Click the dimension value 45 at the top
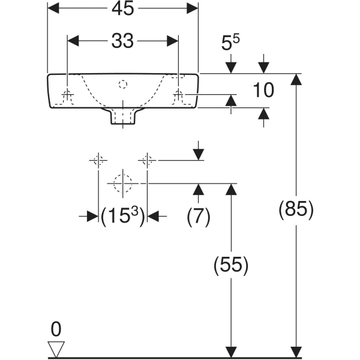[x=122, y=8]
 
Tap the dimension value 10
[x=263, y=90]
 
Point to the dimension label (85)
[x=296, y=209]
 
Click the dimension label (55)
[x=230, y=264]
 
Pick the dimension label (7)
[x=199, y=217]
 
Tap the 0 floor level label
[x=56, y=329]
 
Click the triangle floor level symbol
[x=56, y=349]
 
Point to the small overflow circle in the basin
[x=123, y=84]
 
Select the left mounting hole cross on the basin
[x=68, y=94]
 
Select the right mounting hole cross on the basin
[x=178, y=94]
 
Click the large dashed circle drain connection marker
[x=123, y=182]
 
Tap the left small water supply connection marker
[x=98, y=160]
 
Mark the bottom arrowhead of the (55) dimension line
[x=230, y=352]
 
